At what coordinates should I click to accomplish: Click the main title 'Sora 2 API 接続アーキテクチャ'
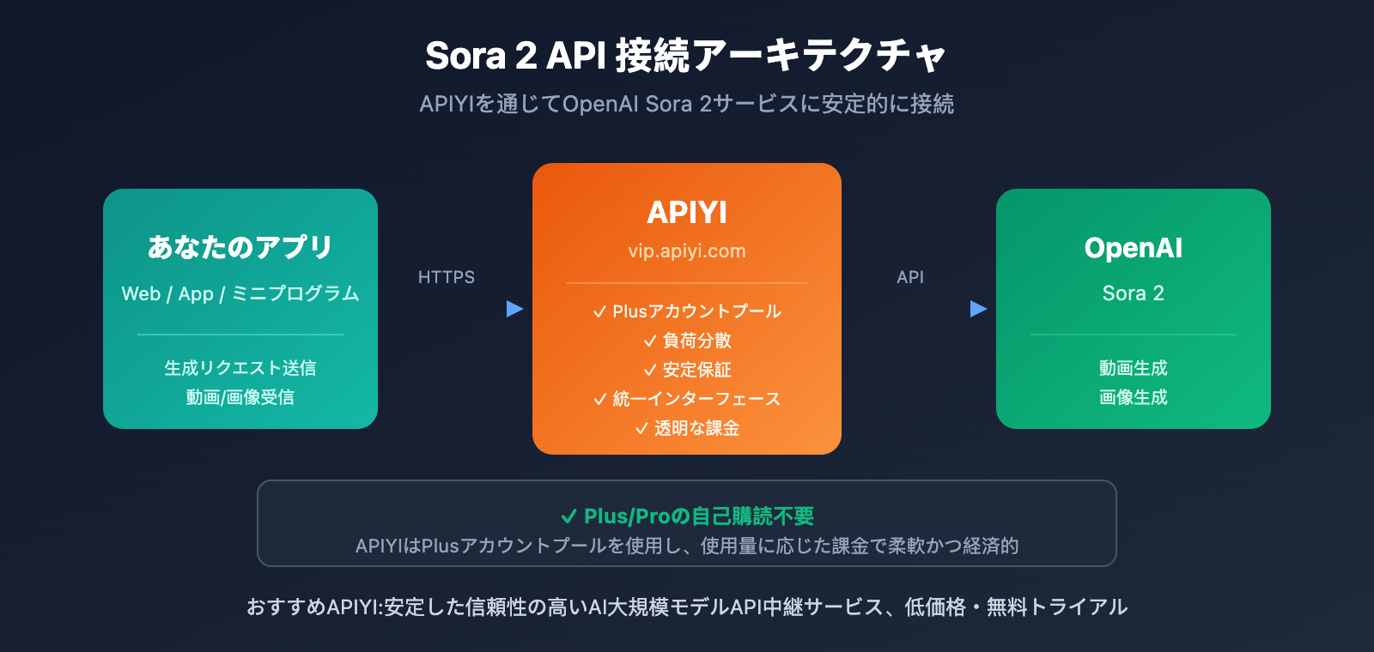pyautogui.click(x=686, y=56)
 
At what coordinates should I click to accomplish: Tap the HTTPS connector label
pyautogui.click(x=446, y=277)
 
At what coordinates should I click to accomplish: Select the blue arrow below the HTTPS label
pyautogui.click(x=514, y=309)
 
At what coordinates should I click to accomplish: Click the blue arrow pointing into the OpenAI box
pyautogui.click(x=978, y=309)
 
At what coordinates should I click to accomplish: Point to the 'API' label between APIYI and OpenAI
pyautogui.click(x=910, y=277)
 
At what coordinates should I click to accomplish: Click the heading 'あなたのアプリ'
pyautogui.click(x=240, y=247)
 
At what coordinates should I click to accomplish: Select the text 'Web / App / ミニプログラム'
pyautogui.click(x=240, y=293)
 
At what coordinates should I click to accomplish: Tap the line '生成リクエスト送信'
pyautogui.click(x=240, y=368)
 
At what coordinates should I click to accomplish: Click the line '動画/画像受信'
pyautogui.click(x=240, y=397)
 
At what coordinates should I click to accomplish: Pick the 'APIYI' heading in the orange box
pyautogui.click(x=687, y=212)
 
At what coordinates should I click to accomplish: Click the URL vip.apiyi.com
pyautogui.click(x=687, y=251)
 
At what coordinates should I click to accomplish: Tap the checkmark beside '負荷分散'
pyautogui.click(x=650, y=341)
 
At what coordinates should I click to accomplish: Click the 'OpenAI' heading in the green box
pyautogui.click(x=1134, y=248)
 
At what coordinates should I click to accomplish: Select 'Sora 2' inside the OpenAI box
pyautogui.click(x=1134, y=293)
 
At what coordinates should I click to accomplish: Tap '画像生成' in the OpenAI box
pyautogui.click(x=1134, y=397)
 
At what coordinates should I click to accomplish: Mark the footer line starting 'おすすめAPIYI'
pyautogui.click(x=687, y=607)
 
